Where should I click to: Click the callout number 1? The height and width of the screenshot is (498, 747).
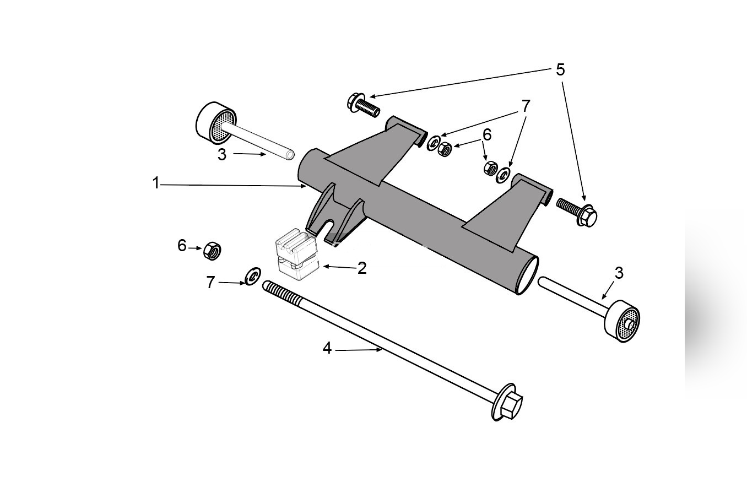point(156,183)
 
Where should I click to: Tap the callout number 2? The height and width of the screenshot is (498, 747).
point(362,268)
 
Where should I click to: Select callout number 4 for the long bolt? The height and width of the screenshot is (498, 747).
point(327,348)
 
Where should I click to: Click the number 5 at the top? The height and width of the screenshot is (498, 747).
point(560,70)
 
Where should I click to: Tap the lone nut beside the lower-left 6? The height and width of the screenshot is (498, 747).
point(212,251)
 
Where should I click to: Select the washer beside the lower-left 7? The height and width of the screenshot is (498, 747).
point(252,275)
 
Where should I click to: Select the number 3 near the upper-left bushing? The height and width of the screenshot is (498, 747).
point(221,155)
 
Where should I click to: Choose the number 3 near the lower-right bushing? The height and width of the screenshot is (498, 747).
point(619,273)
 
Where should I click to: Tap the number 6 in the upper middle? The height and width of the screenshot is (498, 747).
point(486,135)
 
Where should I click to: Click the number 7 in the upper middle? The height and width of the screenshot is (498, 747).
point(526,106)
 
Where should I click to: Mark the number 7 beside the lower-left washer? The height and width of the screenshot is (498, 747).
point(210,282)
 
